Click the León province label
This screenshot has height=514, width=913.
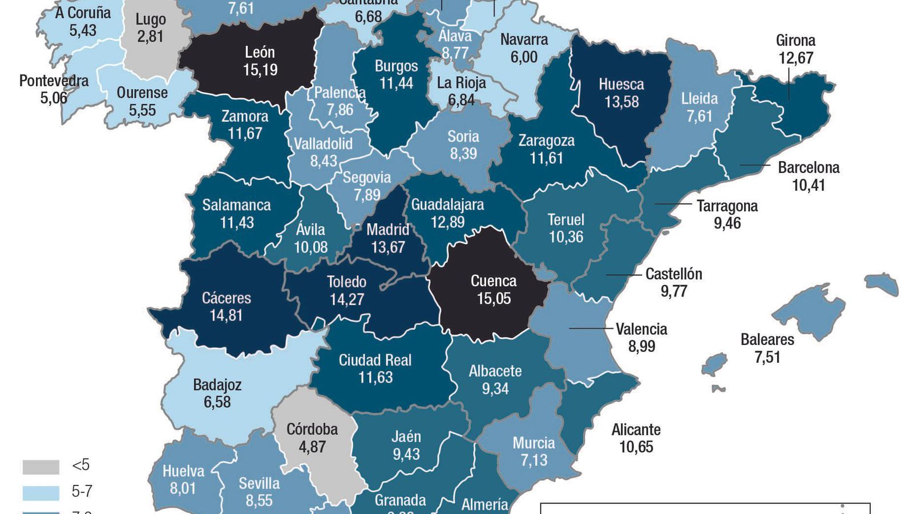coord(260,53)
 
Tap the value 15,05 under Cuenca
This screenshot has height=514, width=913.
coord(494,299)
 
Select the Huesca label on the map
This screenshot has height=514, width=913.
coord(621,85)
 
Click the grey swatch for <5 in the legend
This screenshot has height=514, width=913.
coord(41,467)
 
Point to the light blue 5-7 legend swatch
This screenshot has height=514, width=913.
coord(41,492)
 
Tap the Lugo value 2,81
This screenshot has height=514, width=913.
coord(150,37)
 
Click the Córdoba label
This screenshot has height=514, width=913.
coord(312,429)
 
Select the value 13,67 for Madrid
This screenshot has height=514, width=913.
coord(387,247)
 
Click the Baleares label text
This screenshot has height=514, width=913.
coord(767,340)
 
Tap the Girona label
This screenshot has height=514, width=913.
coord(795,41)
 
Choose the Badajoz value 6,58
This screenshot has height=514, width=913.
coord(217,402)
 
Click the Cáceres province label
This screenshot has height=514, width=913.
coord(227,298)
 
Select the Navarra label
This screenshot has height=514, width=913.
coord(524,40)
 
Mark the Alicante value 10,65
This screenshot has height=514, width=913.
coord(636,447)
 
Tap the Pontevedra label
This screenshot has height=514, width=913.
coord(54,81)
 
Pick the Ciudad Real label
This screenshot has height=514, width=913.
coord(375,360)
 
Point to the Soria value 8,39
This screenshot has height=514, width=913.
coord(463,154)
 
